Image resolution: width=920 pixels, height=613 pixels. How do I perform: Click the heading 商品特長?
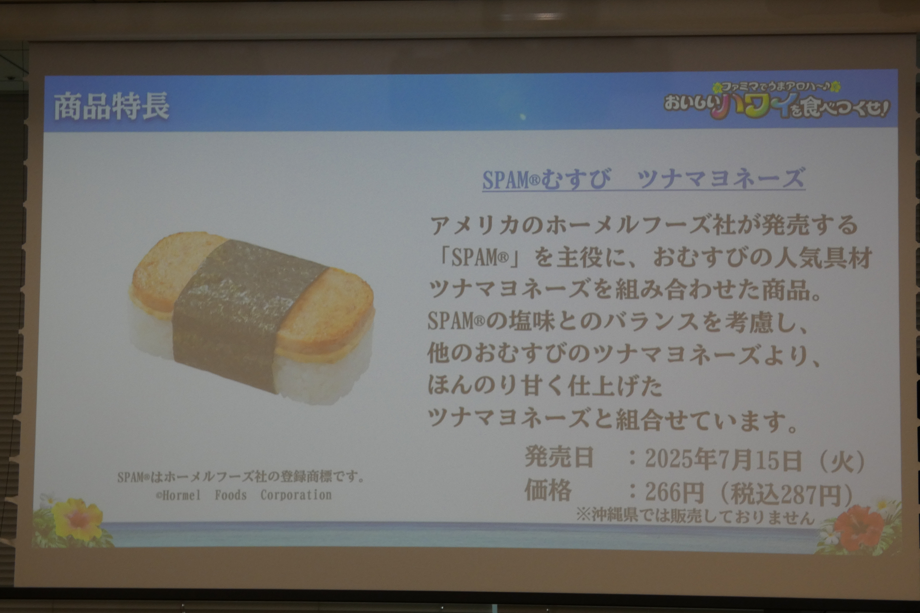(x=111, y=106)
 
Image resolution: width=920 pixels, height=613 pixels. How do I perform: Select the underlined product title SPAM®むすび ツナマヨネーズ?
(x=643, y=179)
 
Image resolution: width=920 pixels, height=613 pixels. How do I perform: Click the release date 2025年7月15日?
(x=723, y=460)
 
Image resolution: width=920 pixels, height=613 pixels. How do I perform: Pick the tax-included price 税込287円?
(x=786, y=493)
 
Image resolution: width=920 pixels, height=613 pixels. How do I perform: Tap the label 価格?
(x=548, y=490)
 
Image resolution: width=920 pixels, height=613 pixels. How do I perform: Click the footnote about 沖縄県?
(x=695, y=516)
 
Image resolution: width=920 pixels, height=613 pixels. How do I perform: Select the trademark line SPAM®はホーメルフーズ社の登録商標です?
(x=241, y=477)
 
